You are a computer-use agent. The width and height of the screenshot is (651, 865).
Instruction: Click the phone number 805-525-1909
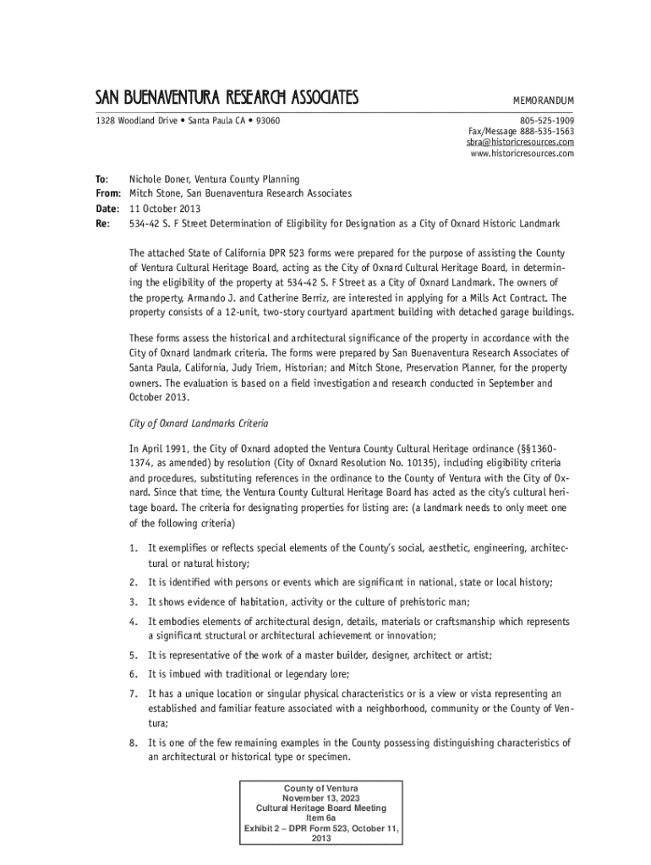click(546, 121)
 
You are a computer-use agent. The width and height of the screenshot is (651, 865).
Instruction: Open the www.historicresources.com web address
click(520, 154)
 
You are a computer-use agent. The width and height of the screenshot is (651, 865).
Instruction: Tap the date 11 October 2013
click(165, 209)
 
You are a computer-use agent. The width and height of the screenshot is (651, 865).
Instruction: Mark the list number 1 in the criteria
click(133, 550)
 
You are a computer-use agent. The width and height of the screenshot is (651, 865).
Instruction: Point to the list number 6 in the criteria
click(133, 673)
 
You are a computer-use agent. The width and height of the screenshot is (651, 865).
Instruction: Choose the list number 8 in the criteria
click(133, 743)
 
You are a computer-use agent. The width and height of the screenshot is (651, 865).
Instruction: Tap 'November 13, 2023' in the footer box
click(320, 797)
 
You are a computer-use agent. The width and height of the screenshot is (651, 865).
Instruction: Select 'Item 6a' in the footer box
click(320, 818)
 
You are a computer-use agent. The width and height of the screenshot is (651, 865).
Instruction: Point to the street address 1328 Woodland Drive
click(130, 121)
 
